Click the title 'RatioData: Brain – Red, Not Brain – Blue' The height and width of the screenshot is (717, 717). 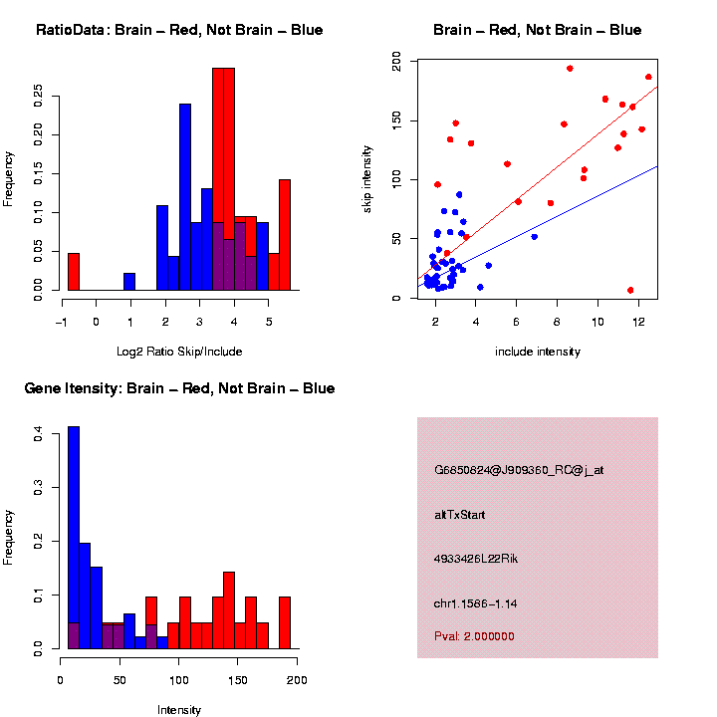(x=179, y=30)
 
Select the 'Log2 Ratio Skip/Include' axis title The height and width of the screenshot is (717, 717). (x=179, y=351)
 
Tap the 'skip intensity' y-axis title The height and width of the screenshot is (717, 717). (x=367, y=179)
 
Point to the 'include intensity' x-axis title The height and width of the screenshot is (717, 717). (x=538, y=351)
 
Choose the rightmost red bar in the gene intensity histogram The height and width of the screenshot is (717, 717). (x=285, y=622)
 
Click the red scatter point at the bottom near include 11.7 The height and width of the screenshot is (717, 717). (x=630, y=290)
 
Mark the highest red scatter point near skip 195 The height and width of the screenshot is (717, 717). (x=570, y=69)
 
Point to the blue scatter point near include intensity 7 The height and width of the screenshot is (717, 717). (x=535, y=236)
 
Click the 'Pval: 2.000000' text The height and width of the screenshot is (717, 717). (x=475, y=636)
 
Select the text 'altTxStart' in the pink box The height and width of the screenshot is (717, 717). (x=460, y=515)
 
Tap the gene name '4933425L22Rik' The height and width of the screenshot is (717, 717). (x=476, y=559)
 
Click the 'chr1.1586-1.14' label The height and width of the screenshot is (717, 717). (x=476, y=602)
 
